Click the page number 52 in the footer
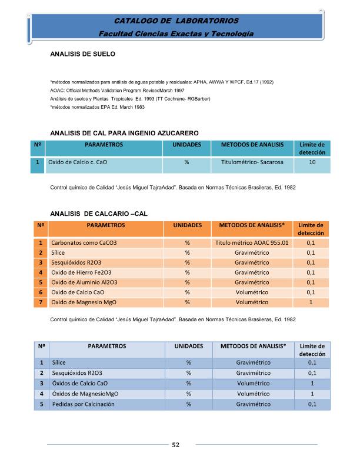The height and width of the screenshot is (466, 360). pyautogui.click(x=175, y=444)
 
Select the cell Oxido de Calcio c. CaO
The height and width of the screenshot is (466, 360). pyautogui.click(x=81, y=162)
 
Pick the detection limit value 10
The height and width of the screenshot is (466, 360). pyautogui.click(x=312, y=162)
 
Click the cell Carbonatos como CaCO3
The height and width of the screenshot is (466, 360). pyautogui.click(x=84, y=242)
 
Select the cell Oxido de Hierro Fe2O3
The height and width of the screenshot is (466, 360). pyautogui.click(x=84, y=272)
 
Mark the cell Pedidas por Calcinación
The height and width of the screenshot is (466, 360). pyautogui.click(x=82, y=404)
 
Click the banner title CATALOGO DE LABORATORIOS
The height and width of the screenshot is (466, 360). pyautogui.click(x=176, y=21)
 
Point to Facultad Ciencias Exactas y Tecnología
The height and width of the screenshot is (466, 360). pyautogui.click(x=176, y=34)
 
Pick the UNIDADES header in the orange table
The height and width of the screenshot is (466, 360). pyautogui.click(x=188, y=225)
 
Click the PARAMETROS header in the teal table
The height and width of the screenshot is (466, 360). pyautogui.click(x=104, y=144)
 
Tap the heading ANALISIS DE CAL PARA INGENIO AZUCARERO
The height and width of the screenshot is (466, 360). pyautogui.click(x=125, y=133)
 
